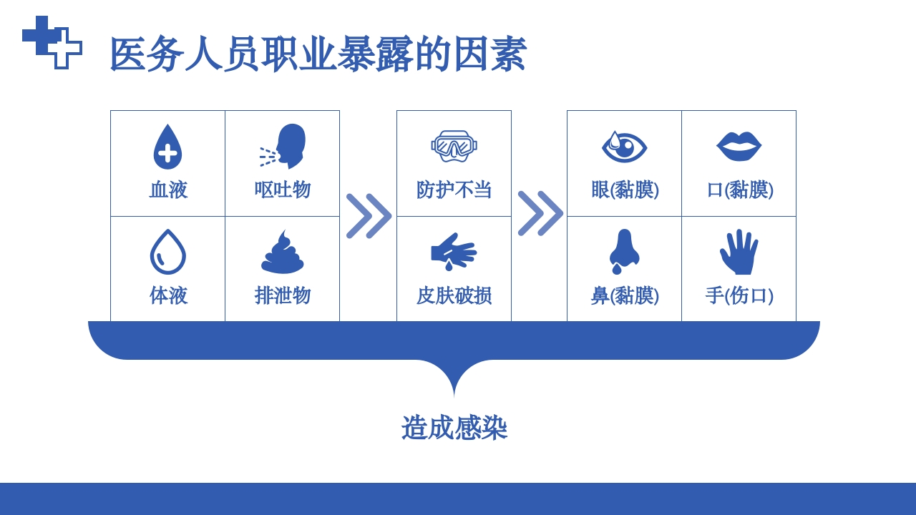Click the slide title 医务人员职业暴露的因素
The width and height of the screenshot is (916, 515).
point(318,54)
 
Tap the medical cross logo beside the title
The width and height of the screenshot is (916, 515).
point(52,42)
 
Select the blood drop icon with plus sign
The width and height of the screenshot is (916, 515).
point(167,147)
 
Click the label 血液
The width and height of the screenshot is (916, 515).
point(168,190)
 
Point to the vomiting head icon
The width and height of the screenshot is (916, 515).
point(283,146)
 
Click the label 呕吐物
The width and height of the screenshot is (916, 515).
point(283,190)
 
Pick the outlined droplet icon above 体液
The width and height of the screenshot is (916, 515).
point(167,252)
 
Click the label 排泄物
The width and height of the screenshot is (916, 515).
point(283,295)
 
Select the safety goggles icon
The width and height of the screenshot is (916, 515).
point(454,145)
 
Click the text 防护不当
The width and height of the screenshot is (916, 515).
point(454,190)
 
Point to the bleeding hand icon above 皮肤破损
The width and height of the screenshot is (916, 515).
point(454,252)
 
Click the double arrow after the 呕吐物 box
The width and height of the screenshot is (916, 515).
point(369,215)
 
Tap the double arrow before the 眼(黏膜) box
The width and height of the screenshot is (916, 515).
point(540,213)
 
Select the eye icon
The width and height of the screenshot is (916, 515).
point(624,147)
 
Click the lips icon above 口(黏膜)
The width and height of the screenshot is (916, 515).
point(739,146)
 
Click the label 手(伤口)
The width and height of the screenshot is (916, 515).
point(739,295)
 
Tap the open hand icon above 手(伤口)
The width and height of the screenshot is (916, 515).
point(739,252)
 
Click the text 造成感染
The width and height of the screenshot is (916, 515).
point(454,428)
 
